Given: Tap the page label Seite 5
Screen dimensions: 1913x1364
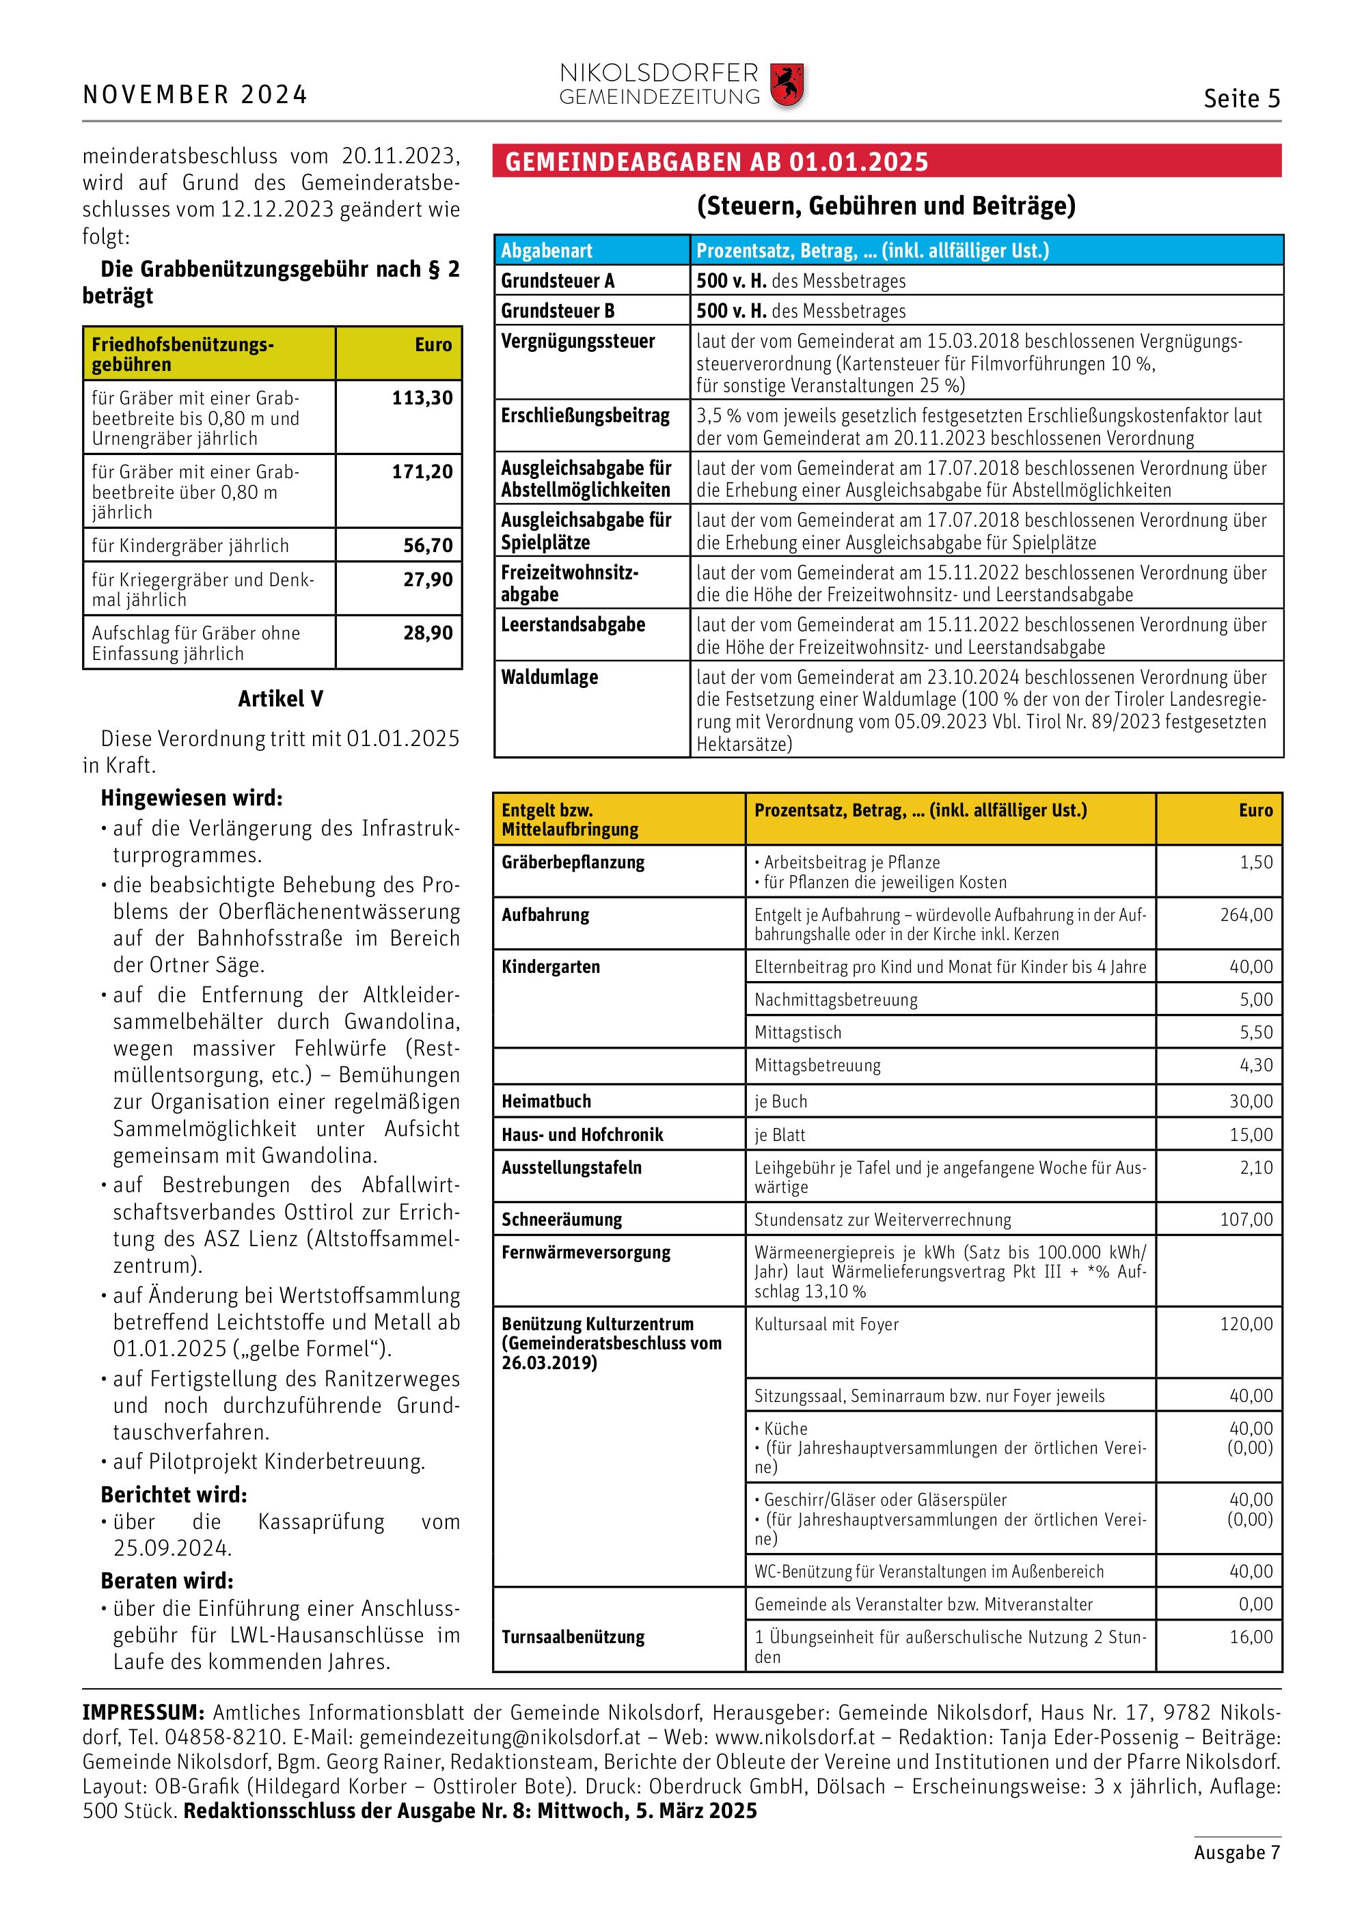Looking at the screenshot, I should [x=1242, y=99].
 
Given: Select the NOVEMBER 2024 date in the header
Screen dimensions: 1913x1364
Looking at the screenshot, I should [x=195, y=95].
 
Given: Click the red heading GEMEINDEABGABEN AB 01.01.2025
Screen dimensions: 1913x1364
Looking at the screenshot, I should [x=716, y=161].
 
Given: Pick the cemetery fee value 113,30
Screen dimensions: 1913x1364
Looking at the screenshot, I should [x=422, y=398].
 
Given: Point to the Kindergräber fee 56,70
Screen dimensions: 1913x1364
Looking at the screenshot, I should [x=428, y=546].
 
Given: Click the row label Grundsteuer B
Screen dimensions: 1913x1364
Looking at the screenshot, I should [x=558, y=311].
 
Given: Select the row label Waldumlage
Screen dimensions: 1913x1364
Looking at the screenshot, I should [x=549, y=677].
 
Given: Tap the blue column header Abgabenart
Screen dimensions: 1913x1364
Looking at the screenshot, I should [x=547, y=250].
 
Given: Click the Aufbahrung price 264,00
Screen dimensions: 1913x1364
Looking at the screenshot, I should [x=1246, y=915].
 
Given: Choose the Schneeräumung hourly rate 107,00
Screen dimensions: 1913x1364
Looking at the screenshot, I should [x=1246, y=1220].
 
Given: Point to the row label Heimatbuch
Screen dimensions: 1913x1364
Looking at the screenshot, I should [x=546, y=1101].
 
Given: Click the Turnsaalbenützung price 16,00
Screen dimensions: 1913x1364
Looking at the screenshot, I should [x=1251, y=1637].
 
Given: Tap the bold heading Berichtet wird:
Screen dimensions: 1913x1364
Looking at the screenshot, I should [x=174, y=1495].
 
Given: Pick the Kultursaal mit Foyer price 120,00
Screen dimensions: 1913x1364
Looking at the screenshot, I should [x=1246, y=1324].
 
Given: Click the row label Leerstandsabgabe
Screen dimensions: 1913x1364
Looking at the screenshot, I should [x=573, y=624].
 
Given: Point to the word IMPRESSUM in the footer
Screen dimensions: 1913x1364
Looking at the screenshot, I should [x=142, y=1712].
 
